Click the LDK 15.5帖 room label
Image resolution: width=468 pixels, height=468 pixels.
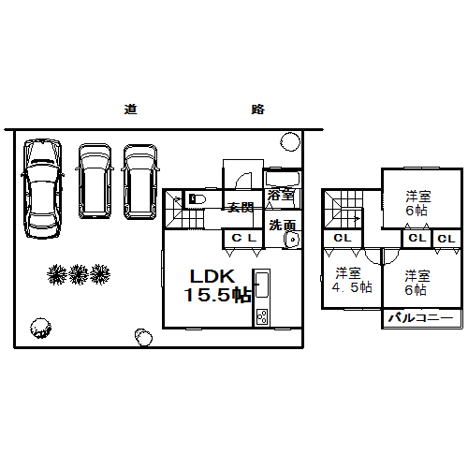coord(217,285)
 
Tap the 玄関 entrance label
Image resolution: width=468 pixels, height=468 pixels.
coord(241,208)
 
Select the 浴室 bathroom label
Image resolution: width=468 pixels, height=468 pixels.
coord(281,195)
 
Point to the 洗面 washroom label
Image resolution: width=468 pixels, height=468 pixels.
coord(283,225)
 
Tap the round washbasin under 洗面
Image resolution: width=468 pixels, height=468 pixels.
coord(292,240)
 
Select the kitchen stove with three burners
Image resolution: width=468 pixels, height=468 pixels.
coord(261,317)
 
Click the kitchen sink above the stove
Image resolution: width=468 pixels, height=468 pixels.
coord(262,285)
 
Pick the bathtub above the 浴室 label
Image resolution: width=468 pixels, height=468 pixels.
coord(282,179)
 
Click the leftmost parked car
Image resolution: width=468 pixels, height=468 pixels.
coord(42,189)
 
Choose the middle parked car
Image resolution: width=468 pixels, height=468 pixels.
coord(95,181)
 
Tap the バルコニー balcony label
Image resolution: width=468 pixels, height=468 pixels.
coord(420,318)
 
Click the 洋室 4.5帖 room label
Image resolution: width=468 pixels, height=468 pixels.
coord(352,280)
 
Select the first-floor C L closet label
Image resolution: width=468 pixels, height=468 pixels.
coord(244,239)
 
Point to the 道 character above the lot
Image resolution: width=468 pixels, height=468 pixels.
coord(131,110)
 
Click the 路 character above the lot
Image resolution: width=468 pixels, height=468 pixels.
coord(258,110)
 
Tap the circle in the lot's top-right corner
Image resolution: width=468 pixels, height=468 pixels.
coord(290,141)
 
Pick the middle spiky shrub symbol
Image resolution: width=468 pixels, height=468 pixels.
coord(79,274)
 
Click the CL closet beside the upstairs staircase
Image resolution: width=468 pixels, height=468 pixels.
coord(343,239)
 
